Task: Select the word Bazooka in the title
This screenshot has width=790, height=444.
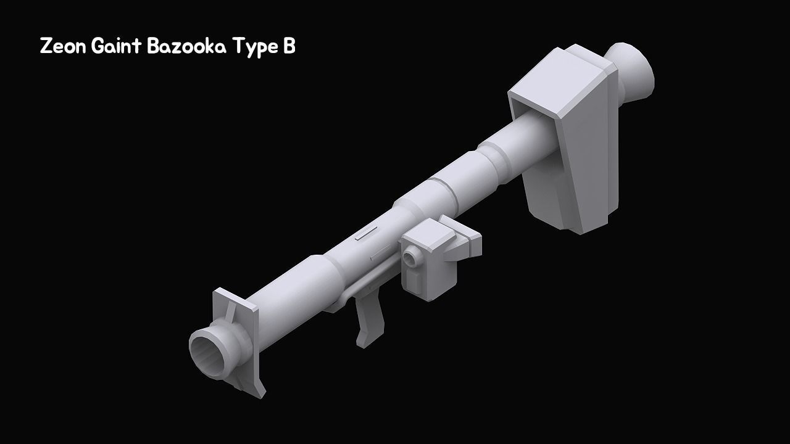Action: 186,47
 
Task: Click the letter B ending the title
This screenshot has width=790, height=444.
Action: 289,47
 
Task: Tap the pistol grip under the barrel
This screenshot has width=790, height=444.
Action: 369,321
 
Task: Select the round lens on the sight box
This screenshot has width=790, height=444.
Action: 409,255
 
